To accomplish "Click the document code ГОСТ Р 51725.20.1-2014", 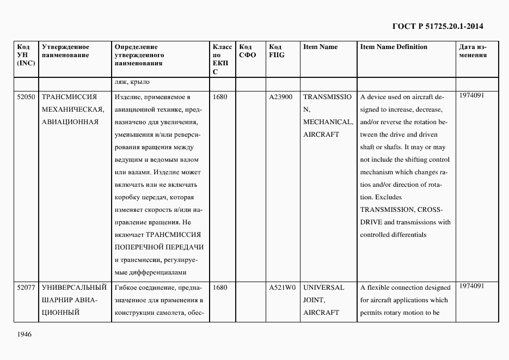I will tap(438, 26).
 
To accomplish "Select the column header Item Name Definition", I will tap(394, 47).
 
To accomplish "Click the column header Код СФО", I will tap(248, 51).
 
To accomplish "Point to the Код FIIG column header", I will tap(277, 51).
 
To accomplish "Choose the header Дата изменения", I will tap(473, 51).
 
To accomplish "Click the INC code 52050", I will tap(26, 97).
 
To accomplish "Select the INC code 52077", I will tap(26, 288).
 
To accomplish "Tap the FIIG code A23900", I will tap(281, 97).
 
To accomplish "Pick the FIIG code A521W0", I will tap(282, 288).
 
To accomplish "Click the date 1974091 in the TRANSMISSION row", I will tap(471, 95).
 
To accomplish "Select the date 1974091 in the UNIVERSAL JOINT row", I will tap(471, 286).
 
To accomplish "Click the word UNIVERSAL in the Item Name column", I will tap(324, 288).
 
